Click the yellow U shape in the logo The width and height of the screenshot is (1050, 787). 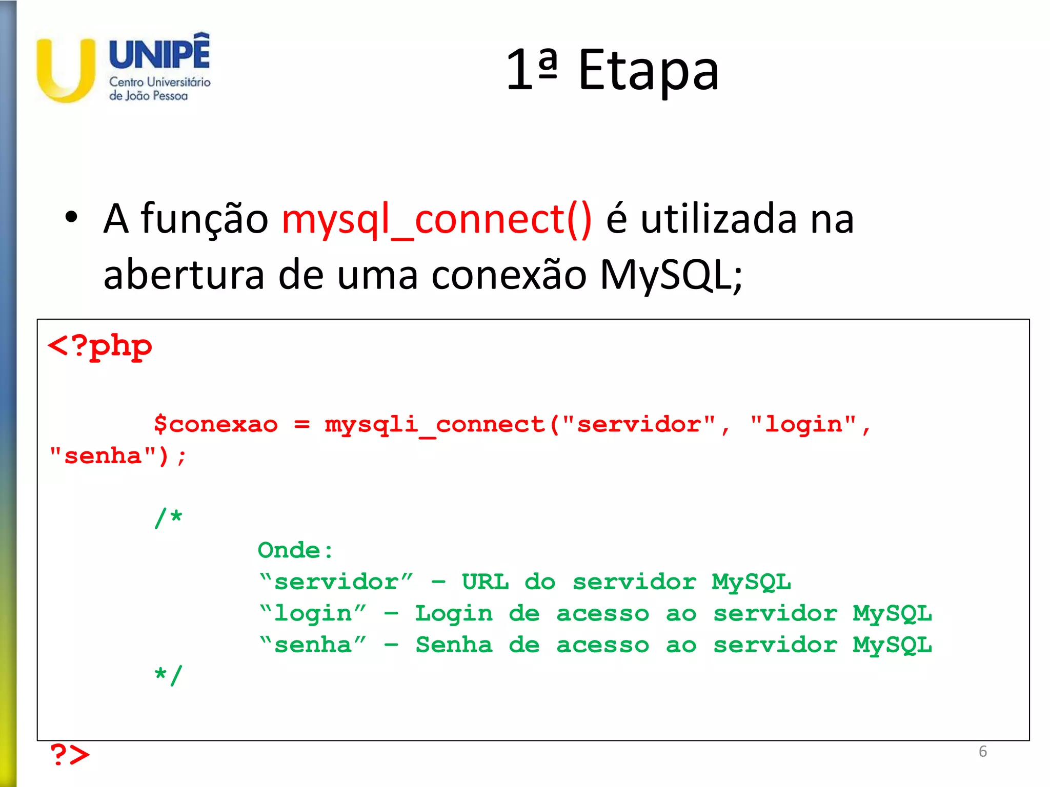tap(66, 72)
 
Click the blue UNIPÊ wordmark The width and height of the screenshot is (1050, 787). tap(159, 52)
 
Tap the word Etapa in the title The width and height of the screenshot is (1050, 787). tap(649, 71)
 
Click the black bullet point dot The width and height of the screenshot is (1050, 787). tap(71, 217)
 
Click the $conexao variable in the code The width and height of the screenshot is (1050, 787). tap(216, 425)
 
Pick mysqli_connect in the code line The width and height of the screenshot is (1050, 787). tap(435, 425)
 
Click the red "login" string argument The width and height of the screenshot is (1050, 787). tap(803, 425)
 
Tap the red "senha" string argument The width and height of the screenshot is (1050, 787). tap(103, 456)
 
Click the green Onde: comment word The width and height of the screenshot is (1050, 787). tap(295, 550)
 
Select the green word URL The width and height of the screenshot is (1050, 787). tap(485, 582)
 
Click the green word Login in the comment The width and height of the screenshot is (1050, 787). tap(454, 613)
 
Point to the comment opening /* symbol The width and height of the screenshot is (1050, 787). tap(169, 518)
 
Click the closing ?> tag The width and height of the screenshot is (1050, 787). tap(69, 755)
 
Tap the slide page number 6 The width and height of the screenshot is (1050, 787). tap(982, 751)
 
